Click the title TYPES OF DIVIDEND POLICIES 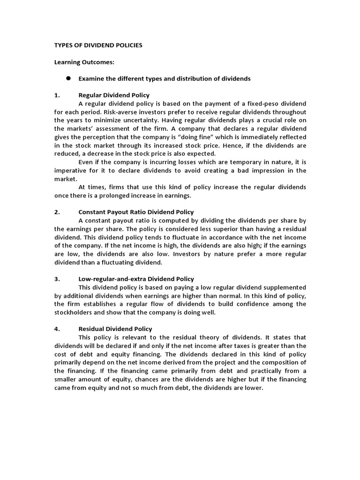click(98, 45)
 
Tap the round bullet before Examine click(68, 78)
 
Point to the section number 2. click(57, 212)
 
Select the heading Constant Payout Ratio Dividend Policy click(136, 212)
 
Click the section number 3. click(57, 278)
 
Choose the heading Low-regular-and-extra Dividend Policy click(136, 278)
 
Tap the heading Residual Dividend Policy click(115, 329)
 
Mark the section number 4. click(57, 329)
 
